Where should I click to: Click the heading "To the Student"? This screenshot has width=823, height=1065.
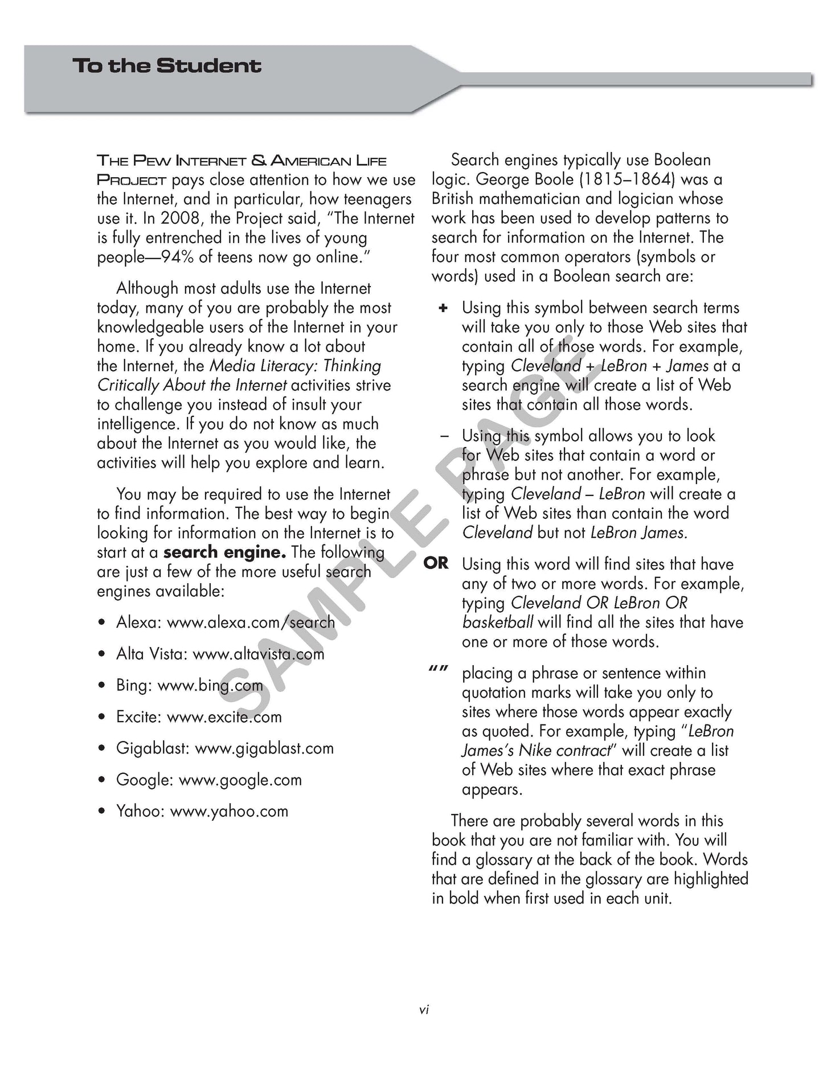(x=167, y=65)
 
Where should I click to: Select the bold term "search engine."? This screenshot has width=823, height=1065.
(x=224, y=552)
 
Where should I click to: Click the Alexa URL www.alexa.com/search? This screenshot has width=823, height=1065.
(x=251, y=622)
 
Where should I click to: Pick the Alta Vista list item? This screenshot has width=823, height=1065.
(x=220, y=654)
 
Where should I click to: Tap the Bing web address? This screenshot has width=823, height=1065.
(x=210, y=685)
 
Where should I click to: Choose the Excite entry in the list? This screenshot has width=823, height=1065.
(x=199, y=717)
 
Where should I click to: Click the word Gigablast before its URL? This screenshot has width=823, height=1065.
(x=152, y=748)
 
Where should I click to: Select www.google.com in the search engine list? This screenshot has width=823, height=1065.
(x=240, y=780)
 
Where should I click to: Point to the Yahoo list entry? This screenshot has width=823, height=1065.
(x=202, y=811)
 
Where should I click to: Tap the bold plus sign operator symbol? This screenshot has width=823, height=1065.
(x=443, y=308)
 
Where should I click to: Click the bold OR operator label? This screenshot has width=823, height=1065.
(x=436, y=564)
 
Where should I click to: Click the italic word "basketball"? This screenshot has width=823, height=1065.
(x=498, y=622)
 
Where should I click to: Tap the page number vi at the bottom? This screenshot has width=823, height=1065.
(x=424, y=1010)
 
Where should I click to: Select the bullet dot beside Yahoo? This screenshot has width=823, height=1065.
(x=101, y=812)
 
